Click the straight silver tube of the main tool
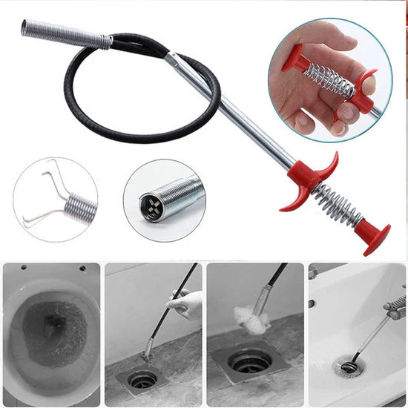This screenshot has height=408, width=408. (237, 111)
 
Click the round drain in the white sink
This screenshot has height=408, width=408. (349, 366)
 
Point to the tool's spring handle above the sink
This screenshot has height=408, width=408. (396, 305)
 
